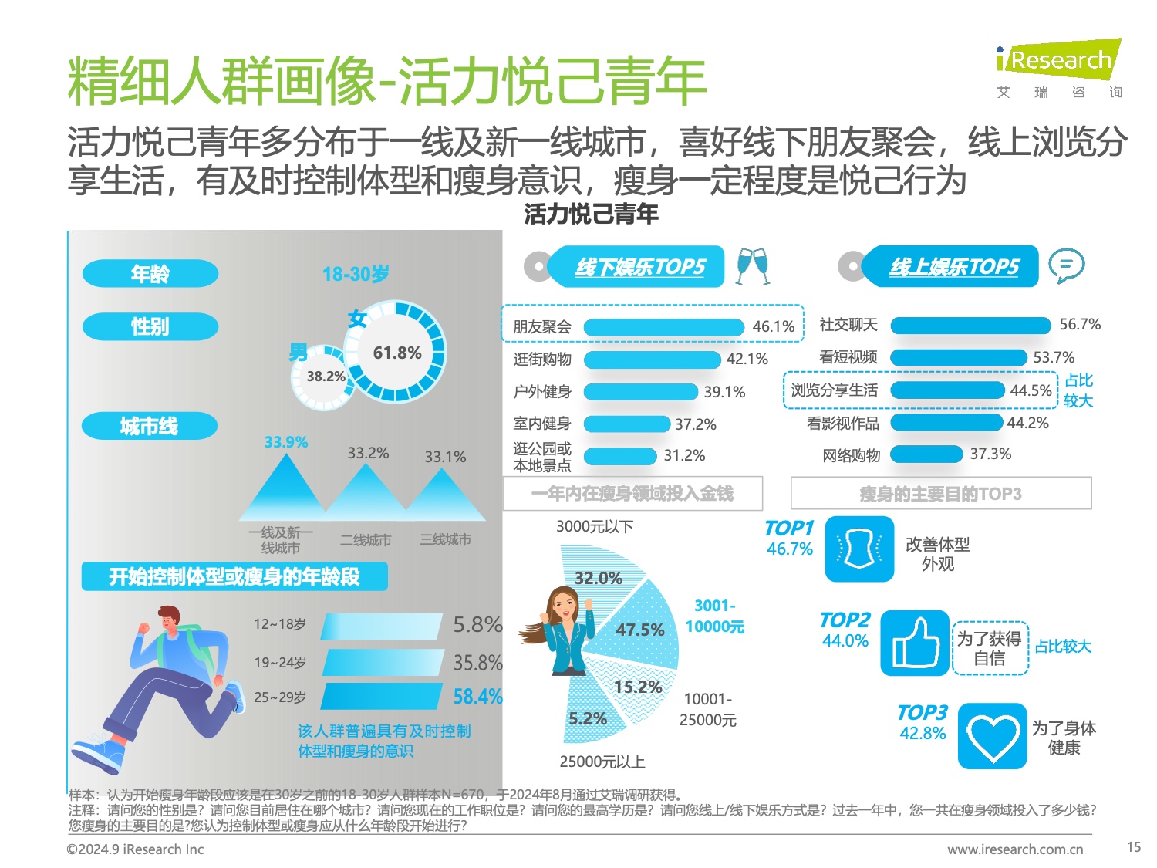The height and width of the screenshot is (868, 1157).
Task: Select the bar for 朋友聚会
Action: click(x=664, y=327)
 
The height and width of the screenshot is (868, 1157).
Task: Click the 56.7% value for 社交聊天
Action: click(x=1079, y=325)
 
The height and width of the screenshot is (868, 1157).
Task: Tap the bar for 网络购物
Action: click(x=926, y=454)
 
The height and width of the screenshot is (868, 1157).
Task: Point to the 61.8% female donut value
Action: click(x=396, y=353)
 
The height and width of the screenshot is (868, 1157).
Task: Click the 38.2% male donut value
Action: click(x=326, y=377)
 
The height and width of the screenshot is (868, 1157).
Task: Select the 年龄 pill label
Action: click(x=150, y=273)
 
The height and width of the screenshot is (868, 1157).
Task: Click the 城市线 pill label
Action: click(x=150, y=426)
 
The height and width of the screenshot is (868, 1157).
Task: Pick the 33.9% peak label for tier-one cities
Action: click(x=285, y=442)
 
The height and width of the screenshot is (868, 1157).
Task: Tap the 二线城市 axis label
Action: click(x=366, y=540)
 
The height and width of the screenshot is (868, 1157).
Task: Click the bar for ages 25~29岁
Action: click(x=383, y=696)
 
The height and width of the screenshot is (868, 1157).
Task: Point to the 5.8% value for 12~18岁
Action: click(x=477, y=624)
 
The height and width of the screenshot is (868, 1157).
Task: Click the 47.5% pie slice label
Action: click(x=639, y=630)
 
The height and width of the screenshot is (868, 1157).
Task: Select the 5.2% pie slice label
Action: click(x=587, y=719)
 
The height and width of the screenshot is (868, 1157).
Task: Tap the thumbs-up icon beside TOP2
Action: click(x=915, y=643)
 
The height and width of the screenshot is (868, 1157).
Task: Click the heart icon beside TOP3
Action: click(x=992, y=736)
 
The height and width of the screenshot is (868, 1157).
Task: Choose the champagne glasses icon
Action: click(x=752, y=265)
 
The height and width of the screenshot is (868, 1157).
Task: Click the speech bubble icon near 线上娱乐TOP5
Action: click(x=1066, y=266)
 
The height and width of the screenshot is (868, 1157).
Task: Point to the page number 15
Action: click(x=1133, y=847)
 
